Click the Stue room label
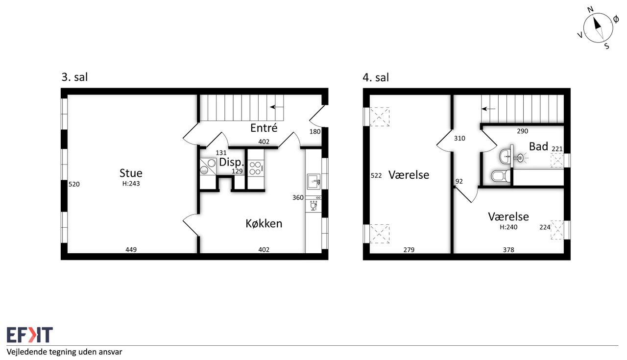pos(131,173)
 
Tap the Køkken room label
pos(264,223)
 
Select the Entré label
pos(264,128)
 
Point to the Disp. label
pos(232,162)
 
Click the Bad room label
pos(538,146)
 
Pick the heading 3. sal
pos(74,77)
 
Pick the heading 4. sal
pos(376,77)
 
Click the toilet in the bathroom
pos(501,176)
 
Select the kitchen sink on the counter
pos(314,182)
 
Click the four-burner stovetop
pos(256,168)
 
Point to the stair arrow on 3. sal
pos(277,107)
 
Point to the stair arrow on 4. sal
pos(488,109)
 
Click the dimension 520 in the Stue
pos(74,184)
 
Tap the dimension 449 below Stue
pos(131,249)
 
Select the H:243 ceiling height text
pos(131,184)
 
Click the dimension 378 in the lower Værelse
pos(508,250)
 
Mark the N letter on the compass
pos(590,10)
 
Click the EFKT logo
pos(30,335)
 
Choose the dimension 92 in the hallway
pos(459,181)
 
